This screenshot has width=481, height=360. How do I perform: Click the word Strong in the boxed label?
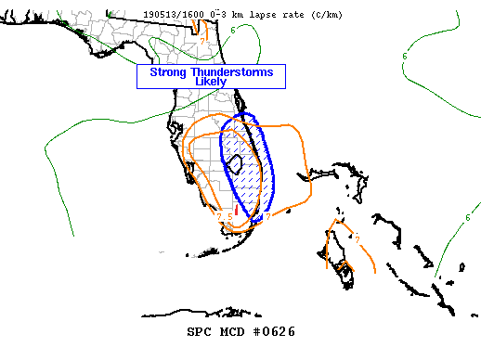tap(169, 71)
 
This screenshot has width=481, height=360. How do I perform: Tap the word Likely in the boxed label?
tap(211, 82)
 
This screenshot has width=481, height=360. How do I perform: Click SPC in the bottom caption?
tap(201, 331)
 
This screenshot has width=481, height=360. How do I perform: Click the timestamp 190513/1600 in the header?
tap(169, 15)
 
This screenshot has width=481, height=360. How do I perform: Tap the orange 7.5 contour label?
tap(224, 216)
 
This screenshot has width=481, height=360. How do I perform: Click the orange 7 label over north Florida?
tap(202, 41)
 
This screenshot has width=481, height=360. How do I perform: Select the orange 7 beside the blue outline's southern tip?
tap(266, 217)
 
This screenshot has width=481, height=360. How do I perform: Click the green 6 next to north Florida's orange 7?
tap(232, 31)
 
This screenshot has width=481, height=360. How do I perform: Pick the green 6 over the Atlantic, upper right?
tap(404, 57)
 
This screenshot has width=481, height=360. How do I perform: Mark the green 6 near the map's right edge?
tap(467, 217)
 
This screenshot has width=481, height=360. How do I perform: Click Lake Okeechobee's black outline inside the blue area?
tap(236, 165)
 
